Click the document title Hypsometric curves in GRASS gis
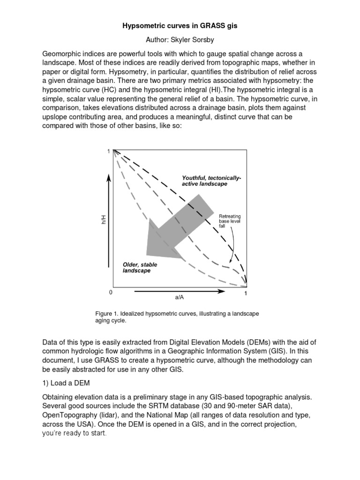(180, 26)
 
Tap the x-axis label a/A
(180, 297)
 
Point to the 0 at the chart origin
(111, 292)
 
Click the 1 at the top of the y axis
(108, 151)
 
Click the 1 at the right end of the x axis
(246, 293)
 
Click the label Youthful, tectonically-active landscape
(211, 181)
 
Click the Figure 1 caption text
(177, 317)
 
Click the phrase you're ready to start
(75, 433)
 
